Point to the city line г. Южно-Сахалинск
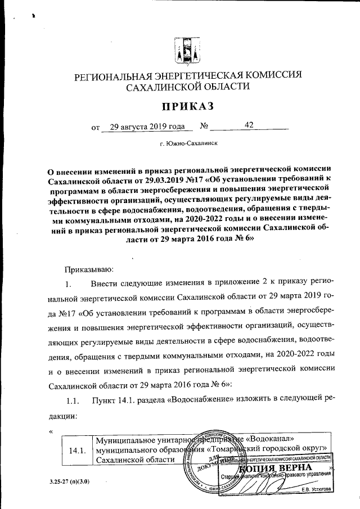point(188,144)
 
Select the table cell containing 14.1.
point(76,450)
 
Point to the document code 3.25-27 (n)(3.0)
point(65,482)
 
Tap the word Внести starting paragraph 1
point(111,280)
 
